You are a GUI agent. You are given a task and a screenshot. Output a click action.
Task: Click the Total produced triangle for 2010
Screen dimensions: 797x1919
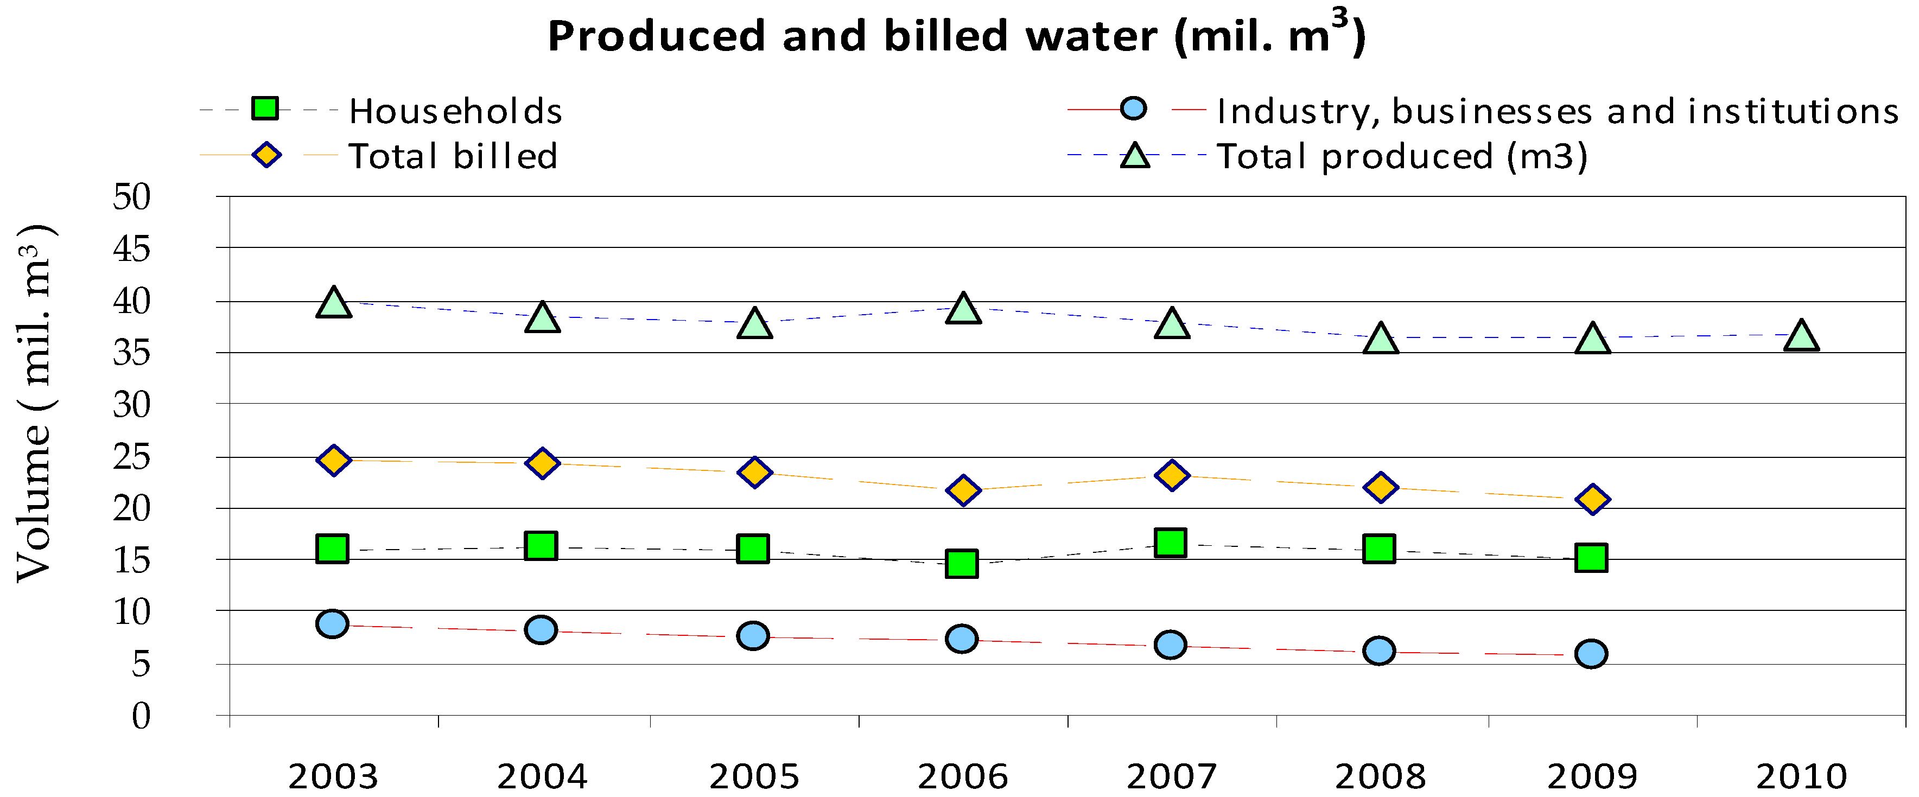coord(1801,337)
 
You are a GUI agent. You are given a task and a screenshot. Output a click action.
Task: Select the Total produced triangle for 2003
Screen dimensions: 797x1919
coord(333,303)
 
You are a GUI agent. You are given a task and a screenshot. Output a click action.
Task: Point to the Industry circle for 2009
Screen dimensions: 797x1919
coord(1591,654)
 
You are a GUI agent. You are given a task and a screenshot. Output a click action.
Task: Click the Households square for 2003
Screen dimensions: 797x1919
coord(332,549)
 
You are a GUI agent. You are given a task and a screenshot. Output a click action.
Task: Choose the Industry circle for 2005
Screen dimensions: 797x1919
coord(753,635)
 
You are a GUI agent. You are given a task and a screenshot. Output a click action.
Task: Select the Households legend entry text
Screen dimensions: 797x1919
coord(455,112)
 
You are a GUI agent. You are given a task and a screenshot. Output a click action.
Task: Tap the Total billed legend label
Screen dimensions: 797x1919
coord(453,156)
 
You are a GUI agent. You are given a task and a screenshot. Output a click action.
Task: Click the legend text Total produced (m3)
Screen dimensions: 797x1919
coord(1401,156)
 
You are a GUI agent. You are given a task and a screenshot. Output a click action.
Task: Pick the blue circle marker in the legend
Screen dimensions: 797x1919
coord(1133,109)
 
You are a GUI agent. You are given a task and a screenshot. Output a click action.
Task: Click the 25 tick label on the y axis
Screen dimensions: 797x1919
coord(132,457)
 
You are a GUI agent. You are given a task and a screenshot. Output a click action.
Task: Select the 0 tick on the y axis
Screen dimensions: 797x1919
coord(141,716)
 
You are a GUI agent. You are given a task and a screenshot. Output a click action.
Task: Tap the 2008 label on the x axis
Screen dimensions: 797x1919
coord(1380,777)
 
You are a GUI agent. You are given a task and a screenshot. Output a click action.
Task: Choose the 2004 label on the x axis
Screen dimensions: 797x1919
coord(542,777)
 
